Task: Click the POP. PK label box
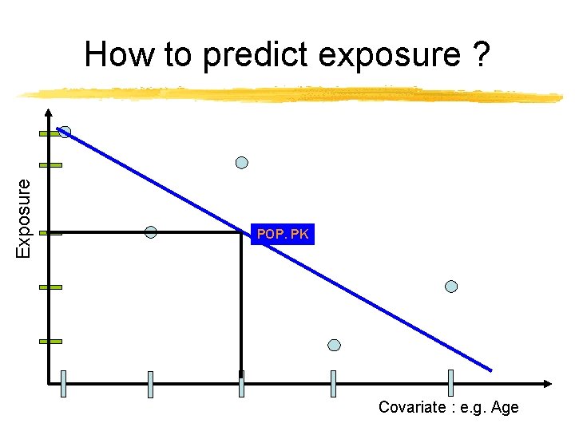[x=283, y=234]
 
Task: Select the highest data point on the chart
[x=65, y=132]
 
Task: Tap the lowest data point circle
[x=335, y=345]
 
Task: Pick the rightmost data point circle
[x=451, y=286]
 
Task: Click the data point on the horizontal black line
[x=150, y=232]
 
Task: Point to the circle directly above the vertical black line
[x=241, y=163]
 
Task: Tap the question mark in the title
[x=481, y=55]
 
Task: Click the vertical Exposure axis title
[x=25, y=217]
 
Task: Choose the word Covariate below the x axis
[x=412, y=407]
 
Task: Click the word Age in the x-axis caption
[x=506, y=407]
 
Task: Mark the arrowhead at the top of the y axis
[x=49, y=113]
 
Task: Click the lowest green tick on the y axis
[x=50, y=341]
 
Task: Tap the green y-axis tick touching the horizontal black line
[x=50, y=233]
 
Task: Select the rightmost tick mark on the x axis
[x=451, y=383]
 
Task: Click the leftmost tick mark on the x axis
[x=65, y=383]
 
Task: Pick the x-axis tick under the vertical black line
[x=241, y=383]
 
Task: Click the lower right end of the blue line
[x=490, y=370]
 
